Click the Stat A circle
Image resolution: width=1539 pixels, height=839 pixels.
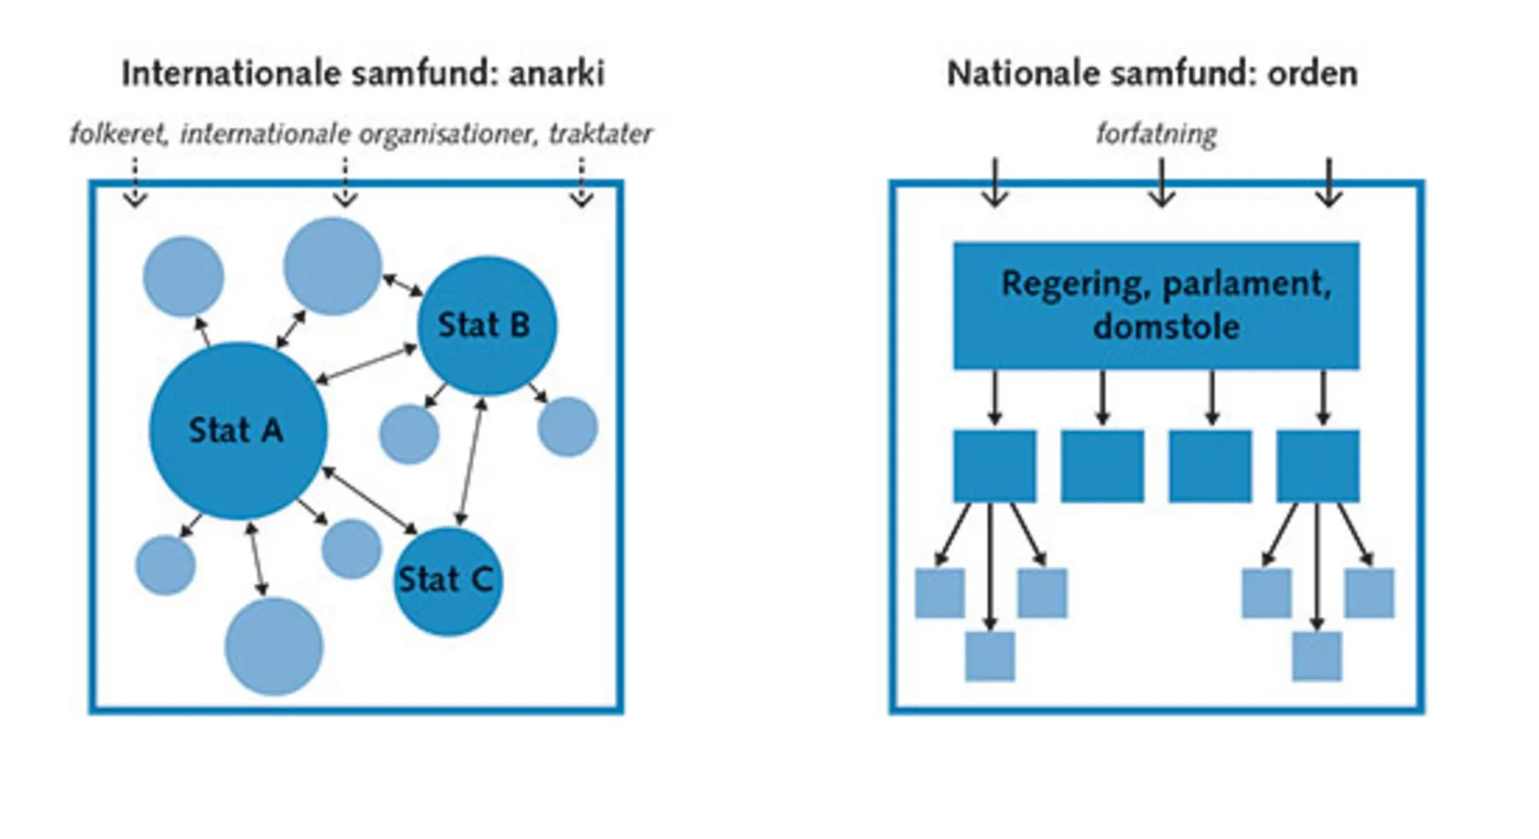point(237,431)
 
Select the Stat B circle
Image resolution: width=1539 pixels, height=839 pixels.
point(486,325)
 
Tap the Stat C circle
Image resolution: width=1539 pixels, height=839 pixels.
point(447,581)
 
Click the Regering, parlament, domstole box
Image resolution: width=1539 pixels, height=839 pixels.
point(1156,305)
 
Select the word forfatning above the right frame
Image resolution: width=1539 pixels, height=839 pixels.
point(1156,134)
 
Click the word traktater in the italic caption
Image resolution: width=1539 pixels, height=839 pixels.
point(600,134)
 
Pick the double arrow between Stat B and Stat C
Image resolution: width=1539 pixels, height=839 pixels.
point(471,461)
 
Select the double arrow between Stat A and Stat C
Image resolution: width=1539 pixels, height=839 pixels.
point(369,500)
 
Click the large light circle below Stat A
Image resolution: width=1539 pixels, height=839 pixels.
point(274,647)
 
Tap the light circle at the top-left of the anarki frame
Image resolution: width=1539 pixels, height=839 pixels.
point(183,276)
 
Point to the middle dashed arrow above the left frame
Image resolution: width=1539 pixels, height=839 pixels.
point(345,183)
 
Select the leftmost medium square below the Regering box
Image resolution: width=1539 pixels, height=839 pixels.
point(994,466)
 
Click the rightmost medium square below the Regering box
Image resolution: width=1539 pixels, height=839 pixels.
point(1317,466)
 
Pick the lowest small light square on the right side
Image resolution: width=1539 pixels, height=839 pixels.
point(1317,656)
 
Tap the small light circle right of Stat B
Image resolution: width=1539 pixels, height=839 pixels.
point(567,427)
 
